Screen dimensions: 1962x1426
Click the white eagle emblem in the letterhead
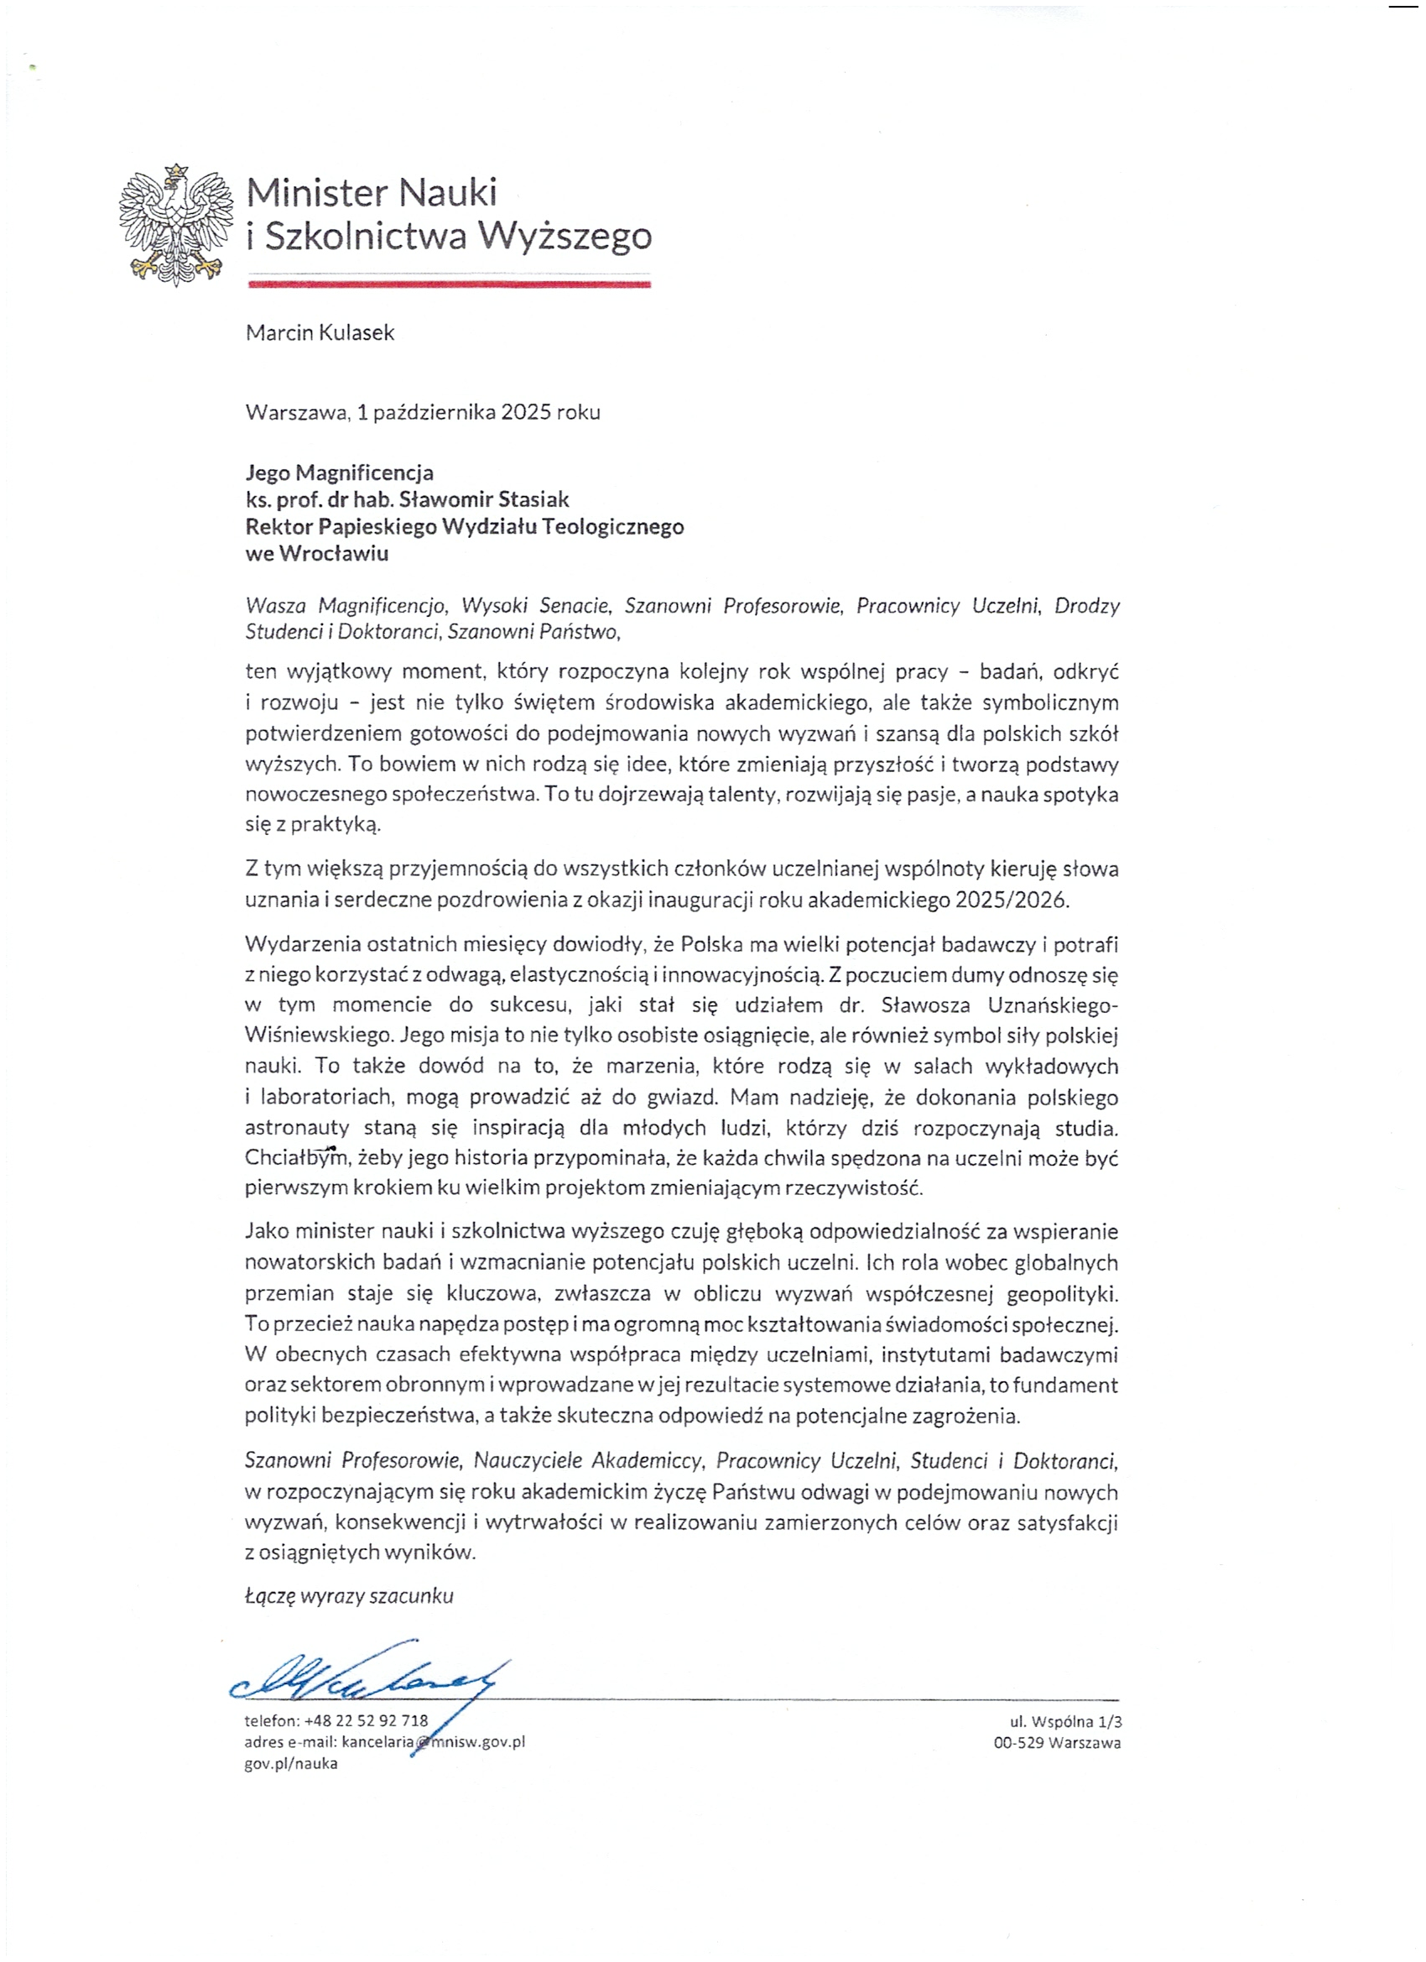click(x=176, y=224)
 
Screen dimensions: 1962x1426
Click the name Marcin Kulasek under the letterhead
click(x=320, y=333)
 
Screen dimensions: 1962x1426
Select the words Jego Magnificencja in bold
click(x=339, y=472)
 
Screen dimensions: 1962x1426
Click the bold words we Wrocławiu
click(x=316, y=553)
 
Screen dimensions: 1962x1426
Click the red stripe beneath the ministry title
click(x=449, y=284)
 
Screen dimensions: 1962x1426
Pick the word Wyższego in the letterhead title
click(x=565, y=235)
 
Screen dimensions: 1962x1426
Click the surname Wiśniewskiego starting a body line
click(x=319, y=1035)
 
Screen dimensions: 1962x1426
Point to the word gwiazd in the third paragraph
click(x=683, y=1097)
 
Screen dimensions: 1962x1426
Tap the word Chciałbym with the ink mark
click(x=295, y=1157)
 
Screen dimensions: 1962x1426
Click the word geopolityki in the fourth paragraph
click(x=1062, y=1294)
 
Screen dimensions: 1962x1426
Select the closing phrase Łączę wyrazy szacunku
click(x=348, y=1596)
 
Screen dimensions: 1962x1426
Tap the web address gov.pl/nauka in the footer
click(x=290, y=1763)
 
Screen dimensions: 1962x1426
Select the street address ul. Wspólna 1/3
click(x=1065, y=1721)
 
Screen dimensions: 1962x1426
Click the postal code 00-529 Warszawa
click(x=1057, y=1742)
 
